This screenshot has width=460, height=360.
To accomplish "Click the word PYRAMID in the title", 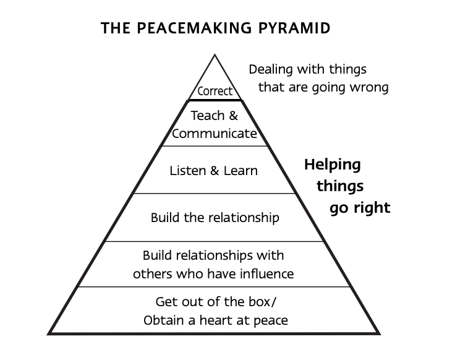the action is (294, 28).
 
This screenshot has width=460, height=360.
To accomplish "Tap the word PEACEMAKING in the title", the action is (194, 28).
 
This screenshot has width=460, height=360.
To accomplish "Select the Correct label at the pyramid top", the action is (215, 91).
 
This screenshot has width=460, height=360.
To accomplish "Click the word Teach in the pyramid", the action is (208, 116).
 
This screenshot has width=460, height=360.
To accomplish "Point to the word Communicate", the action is (215, 134).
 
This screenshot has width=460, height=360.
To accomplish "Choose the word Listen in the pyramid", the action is (188, 171).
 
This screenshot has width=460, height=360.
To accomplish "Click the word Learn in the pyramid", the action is (241, 171).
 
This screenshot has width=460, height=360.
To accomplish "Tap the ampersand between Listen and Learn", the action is (215, 171).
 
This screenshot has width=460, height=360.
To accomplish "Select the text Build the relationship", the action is (215, 218).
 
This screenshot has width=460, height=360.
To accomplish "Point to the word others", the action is (153, 274).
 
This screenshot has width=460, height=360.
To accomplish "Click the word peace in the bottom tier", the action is (271, 320).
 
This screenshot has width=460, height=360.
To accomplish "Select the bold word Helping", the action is (333, 165).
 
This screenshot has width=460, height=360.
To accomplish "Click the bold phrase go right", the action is (360, 208).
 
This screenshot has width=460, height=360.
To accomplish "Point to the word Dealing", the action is (271, 70).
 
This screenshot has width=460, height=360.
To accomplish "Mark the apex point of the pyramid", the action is (215, 54).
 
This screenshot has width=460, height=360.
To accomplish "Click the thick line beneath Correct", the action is (215, 100).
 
